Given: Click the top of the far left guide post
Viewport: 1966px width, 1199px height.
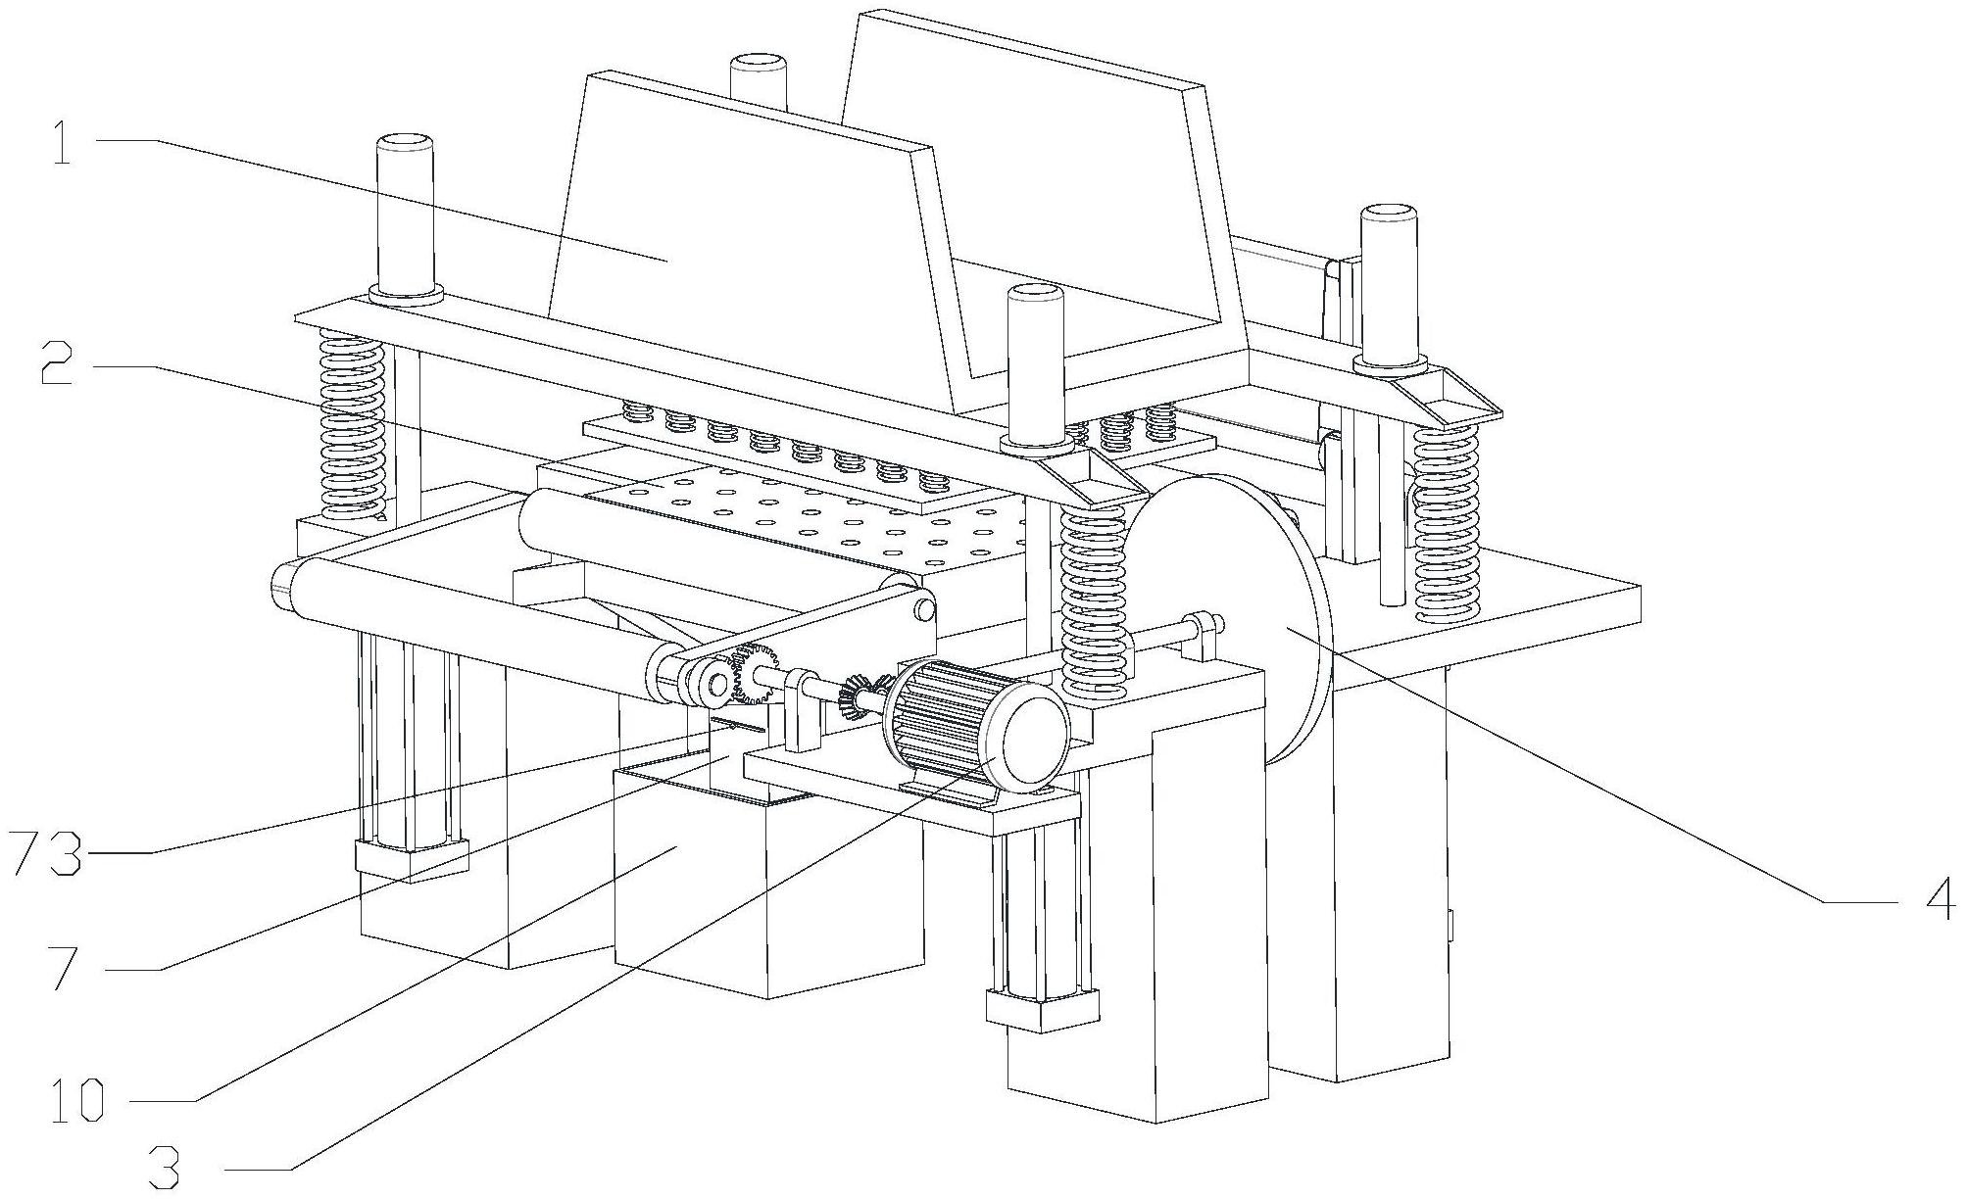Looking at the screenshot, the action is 404,141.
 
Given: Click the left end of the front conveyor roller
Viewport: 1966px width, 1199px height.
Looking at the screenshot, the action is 283,586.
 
